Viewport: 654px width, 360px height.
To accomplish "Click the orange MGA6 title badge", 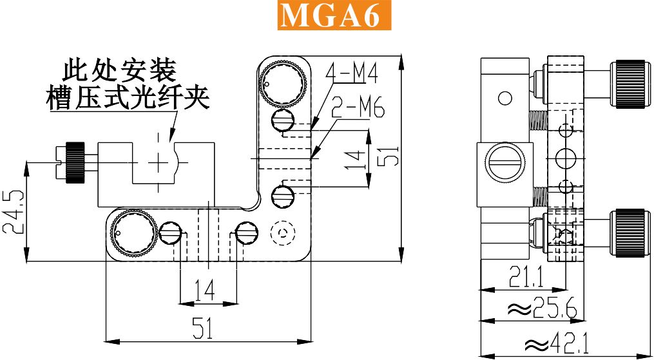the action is (334, 15).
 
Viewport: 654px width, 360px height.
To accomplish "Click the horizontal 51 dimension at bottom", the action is (203, 328).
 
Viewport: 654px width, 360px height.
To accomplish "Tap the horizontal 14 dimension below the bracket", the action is (205, 290).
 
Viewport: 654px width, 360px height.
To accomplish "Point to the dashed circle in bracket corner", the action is (283, 232).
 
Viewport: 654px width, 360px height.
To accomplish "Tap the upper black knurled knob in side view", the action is (630, 84).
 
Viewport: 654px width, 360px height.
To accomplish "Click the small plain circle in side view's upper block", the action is (505, 99).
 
